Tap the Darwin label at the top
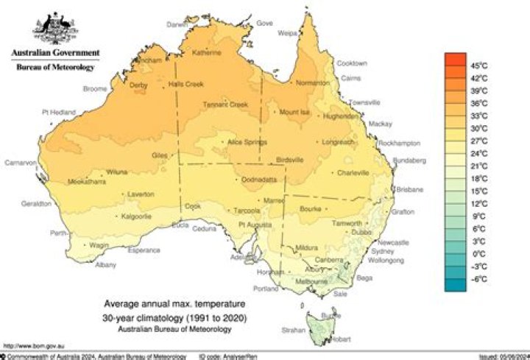point(177,24)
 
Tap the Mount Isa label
point(294,112)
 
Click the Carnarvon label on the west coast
point(21,163)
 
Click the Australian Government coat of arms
point(55,29)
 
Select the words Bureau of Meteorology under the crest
point(55,68)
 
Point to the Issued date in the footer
point(501,356)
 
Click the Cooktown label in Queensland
point(352,63)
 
